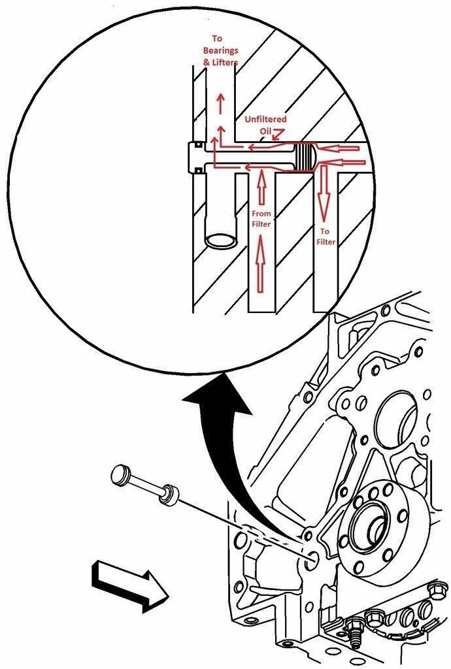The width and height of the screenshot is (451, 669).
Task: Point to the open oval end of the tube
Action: pos(221,240)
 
